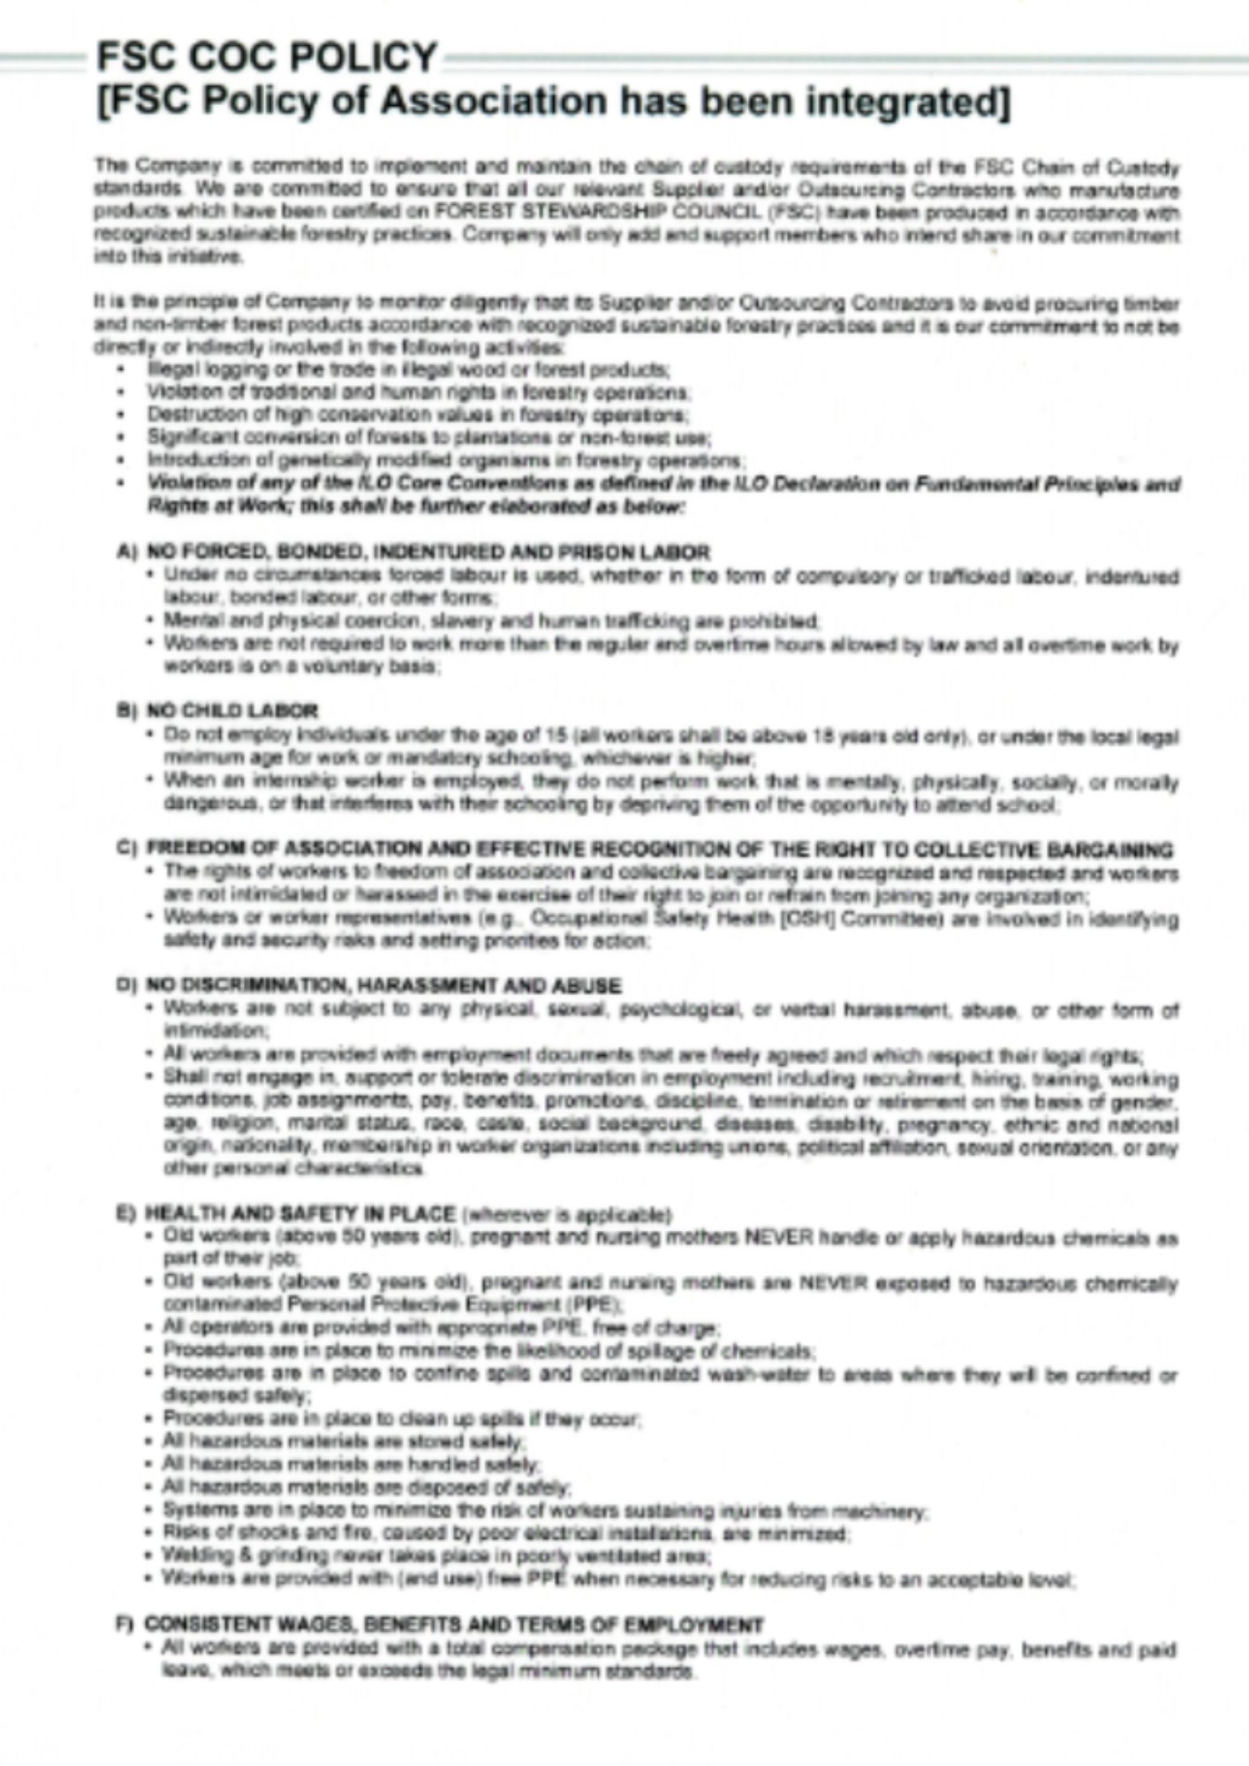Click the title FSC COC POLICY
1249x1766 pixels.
tap(266, 58)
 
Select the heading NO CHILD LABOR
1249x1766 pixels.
tap(231, 710)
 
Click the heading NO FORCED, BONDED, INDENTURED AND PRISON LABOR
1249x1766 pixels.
tap(428, 553)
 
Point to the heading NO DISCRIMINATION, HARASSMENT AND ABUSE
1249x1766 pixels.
tap(383, 985)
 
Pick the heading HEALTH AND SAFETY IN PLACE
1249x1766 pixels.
tap(300, 1213)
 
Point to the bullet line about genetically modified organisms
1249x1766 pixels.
tap(446, 460)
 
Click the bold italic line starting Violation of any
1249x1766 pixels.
tap(662, 484)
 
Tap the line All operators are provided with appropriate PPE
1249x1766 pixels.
tap(442, 1327)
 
